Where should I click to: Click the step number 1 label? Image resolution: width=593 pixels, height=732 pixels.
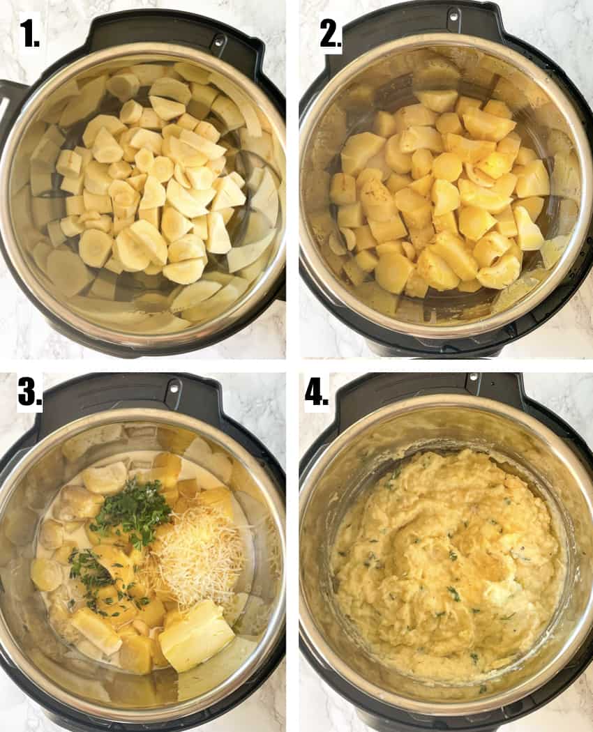point(29,33)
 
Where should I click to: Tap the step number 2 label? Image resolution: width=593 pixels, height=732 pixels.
point(329,33)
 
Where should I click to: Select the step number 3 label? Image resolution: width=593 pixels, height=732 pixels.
point(30,392)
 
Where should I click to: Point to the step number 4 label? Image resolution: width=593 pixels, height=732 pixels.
point(317,392)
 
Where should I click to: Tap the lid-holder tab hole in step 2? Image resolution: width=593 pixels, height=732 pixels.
point(454,11)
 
